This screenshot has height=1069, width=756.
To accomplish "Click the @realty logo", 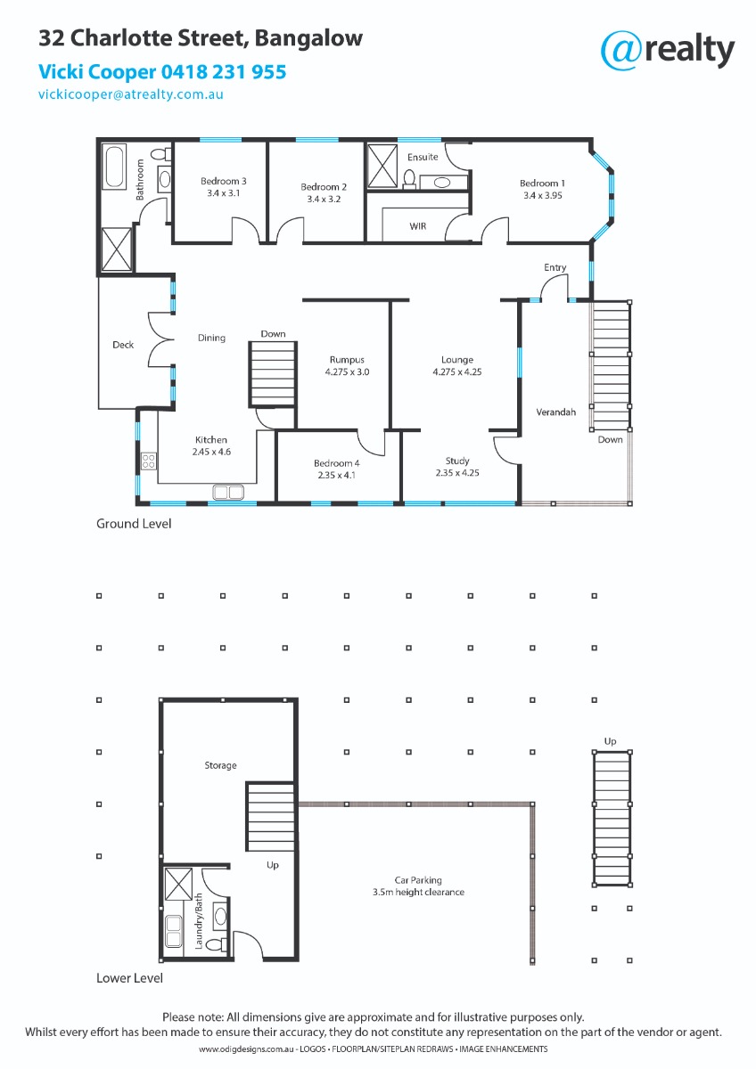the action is click(667, 51).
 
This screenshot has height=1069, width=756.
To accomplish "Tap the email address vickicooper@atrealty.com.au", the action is click(131, 94).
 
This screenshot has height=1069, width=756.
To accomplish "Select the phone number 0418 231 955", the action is click(224, 72).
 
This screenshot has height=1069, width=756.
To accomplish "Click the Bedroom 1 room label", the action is click(542, 184).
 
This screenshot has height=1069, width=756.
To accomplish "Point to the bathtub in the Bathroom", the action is click(115, 167).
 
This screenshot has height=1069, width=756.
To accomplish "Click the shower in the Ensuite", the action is click(382, 167).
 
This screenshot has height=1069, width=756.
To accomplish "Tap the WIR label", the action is click(418, 226).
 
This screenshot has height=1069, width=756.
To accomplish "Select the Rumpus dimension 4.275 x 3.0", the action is click(347, 371).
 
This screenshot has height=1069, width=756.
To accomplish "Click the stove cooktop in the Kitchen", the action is click(149, 461).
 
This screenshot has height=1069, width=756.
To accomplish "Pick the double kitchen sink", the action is click(228, 492).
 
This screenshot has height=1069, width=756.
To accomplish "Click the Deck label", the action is click(123, 345).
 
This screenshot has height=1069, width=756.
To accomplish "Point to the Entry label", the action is click(555, 267).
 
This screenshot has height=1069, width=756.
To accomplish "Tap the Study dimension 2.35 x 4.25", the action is click(457, 472).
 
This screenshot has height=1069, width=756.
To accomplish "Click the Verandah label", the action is click(556, 412).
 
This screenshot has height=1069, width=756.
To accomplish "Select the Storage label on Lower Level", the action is click(220, 765).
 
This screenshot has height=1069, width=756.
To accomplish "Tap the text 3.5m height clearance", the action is click(418, 892).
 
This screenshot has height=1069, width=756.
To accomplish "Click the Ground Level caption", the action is click(134, 524).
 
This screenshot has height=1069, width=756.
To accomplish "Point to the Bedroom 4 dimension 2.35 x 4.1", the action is click(337, 475).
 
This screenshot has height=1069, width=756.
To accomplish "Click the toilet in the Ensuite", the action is click(409, 178).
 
